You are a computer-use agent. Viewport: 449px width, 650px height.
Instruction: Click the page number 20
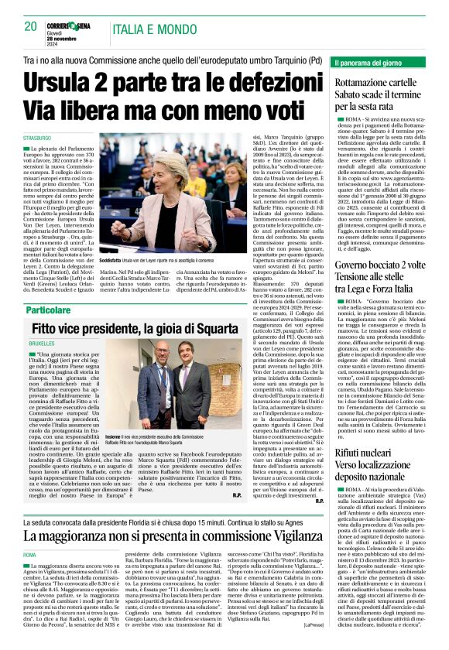pyautogui.click(x=30, y=26)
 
